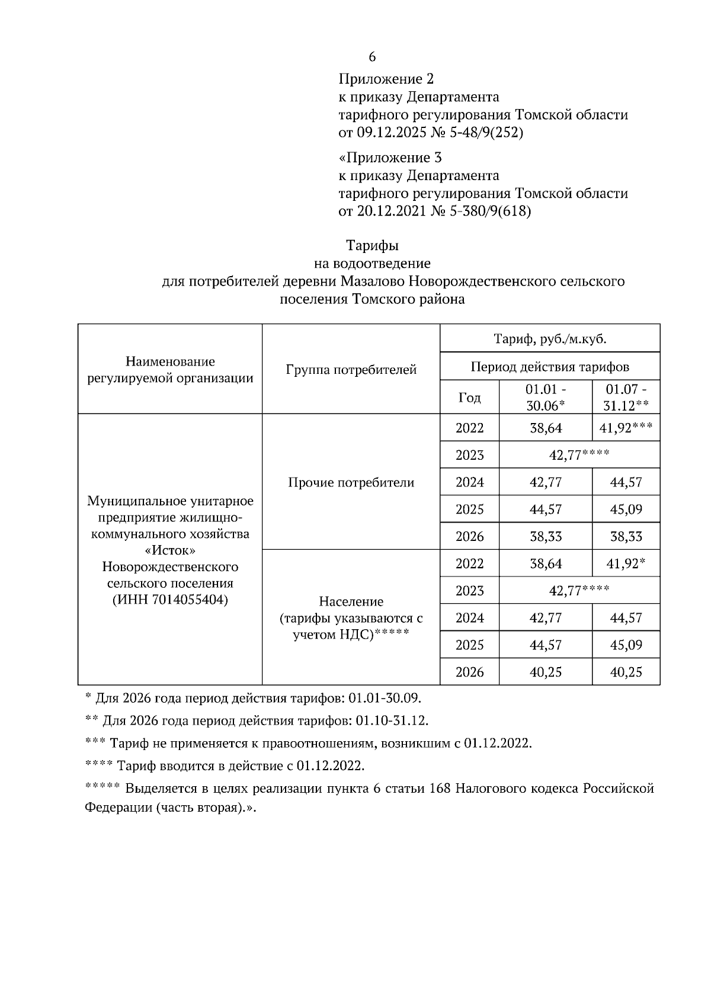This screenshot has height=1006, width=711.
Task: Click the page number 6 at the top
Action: point(372,57)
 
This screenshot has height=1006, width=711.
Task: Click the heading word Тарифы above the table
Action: point(372,245)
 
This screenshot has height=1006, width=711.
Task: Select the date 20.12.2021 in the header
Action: point(391,211)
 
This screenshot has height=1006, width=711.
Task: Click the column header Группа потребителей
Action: point(351,370)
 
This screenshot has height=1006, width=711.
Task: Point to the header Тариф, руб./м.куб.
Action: point(550,339)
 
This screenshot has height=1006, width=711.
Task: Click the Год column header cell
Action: point(470,398)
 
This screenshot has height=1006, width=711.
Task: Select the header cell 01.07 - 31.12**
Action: point(626,398)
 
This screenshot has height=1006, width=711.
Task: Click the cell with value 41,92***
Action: point(626,428)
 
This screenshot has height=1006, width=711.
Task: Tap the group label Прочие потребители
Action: point(351,482)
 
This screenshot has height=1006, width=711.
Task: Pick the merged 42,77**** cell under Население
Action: point(579,591)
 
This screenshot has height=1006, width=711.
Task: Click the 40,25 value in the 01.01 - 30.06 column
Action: point(546,672)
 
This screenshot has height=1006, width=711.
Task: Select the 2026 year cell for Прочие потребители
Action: point(470,536)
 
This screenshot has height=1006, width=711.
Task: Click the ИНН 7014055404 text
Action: point(170,599)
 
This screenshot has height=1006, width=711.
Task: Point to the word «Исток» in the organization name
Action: point(170,550)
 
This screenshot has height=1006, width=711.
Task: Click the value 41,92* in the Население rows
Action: point(626,563)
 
